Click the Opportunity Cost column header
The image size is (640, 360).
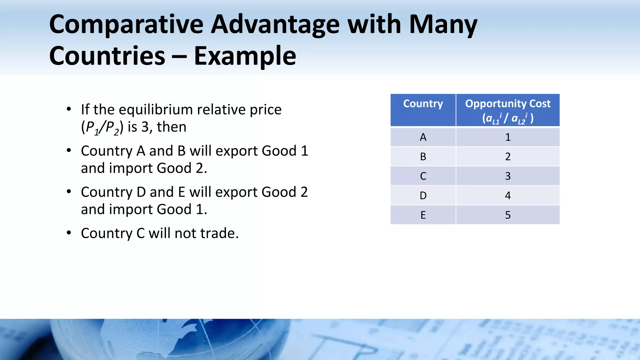pos(507,110)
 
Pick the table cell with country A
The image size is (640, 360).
pos(423,137)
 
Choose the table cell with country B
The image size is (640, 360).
pos(423,157)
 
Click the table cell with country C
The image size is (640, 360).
pos(423,176)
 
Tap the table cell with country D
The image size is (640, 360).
pos(423,196)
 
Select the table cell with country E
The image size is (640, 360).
pos(423,215)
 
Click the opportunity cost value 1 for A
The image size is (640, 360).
pos(508,137)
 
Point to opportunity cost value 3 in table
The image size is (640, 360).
pos(508,176)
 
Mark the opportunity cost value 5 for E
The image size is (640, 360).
pos(508,215)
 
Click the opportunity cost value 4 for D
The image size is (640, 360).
pos(508,196)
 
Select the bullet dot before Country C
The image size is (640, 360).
pos(69,233)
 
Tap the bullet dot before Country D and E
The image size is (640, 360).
pos(69,192)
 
